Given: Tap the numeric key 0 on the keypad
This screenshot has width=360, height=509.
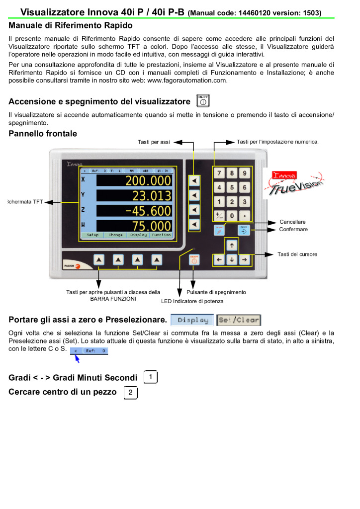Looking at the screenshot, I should [232, 216].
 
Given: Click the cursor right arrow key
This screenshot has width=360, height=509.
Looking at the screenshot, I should [244, 259].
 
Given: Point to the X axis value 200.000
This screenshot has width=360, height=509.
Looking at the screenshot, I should [148, 180].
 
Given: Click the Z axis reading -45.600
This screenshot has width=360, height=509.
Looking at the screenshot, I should [148, 210].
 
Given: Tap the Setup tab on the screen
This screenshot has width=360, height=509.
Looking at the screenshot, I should [93, 235].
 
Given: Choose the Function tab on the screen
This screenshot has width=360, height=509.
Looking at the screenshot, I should [161, 235].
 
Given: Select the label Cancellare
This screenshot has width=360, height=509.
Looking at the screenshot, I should [292, 222].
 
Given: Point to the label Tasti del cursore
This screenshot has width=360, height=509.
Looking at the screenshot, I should [297, 254].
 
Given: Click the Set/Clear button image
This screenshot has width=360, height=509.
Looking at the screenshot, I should [239, 320].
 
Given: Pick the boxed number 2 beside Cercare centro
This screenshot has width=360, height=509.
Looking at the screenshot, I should [130, 393].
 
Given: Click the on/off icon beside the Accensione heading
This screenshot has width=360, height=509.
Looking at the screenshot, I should [203, 100].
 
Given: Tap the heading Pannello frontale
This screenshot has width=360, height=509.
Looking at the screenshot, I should [43, 133].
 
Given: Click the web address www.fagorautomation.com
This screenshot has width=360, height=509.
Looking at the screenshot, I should [187, 81].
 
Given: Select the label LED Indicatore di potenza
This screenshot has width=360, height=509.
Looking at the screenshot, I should [192, 301].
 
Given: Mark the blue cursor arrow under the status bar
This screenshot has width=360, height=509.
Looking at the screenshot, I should [77, 358].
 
